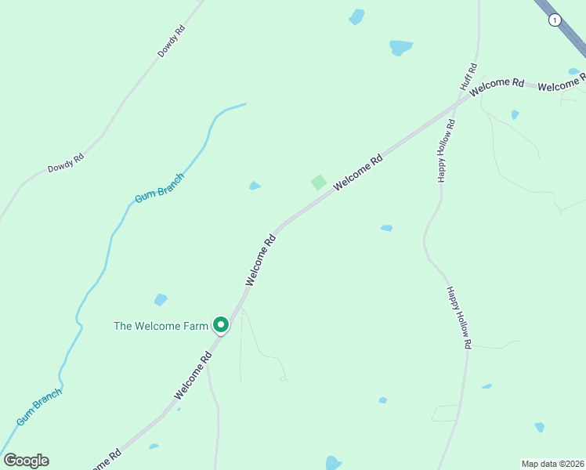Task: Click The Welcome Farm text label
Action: click(161, 326)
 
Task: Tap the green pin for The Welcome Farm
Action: click(221, 324)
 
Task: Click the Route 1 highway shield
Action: click(555, 20)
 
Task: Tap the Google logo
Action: click(26, 461)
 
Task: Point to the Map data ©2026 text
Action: click(552, 463)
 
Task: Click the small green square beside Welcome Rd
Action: click(318, 182)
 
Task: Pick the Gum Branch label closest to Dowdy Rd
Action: click(159, 189)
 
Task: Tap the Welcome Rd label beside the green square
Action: click(358, 172)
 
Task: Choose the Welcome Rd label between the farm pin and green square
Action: click(261, 259)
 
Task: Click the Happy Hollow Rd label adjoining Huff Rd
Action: click(445, 151)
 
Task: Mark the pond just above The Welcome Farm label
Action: click(161, 299)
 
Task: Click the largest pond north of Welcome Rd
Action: click(401, 47)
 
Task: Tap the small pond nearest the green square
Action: click(255, 186)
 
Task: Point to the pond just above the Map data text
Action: click(539, 427)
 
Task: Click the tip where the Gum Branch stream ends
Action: click(245, 104)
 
